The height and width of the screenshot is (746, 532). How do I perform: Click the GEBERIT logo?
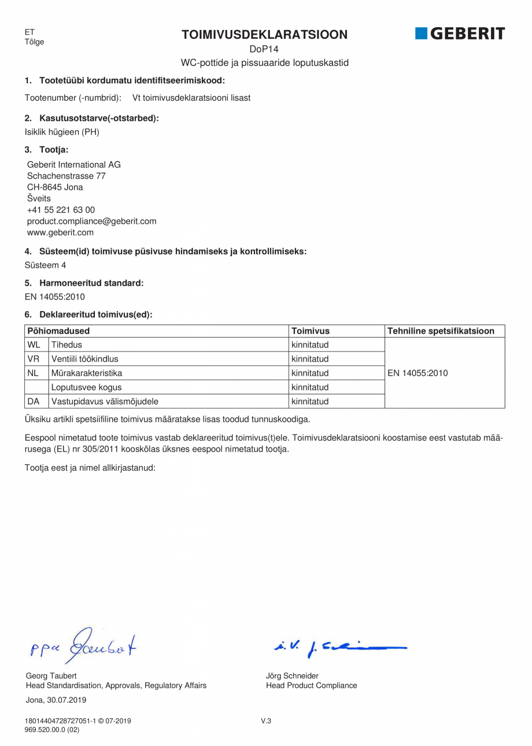(460, 34)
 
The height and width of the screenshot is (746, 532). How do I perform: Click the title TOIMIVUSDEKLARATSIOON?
(265, 35)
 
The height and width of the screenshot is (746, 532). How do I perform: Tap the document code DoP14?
(265, 50)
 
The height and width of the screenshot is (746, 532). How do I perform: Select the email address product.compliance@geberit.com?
(91, 221)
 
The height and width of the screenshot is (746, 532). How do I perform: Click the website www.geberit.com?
(60, 232)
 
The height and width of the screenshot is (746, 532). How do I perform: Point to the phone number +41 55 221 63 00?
(61, 210)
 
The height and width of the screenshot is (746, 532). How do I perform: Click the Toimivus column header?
(311, 331)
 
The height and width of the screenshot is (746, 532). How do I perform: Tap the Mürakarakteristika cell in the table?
(87, 373)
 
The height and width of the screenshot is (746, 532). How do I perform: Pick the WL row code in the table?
(34, 345)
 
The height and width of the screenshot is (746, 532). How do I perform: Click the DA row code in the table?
(34, 401)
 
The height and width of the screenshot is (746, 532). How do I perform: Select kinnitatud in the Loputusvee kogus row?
(310, 387)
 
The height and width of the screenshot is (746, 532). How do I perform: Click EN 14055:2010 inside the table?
(418, 373)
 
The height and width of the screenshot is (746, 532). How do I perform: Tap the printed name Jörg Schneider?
(292, 675)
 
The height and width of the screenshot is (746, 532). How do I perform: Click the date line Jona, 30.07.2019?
(56, 700)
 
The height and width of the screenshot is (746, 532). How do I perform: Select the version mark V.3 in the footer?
(266, 721)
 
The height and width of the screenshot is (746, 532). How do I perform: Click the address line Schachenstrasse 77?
(66, 176)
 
